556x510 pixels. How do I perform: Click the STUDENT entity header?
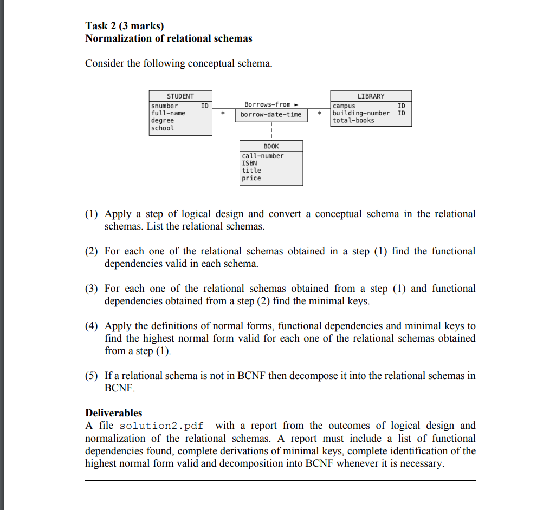(x=180, y=96)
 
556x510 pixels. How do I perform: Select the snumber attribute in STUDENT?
(x=164, y=106)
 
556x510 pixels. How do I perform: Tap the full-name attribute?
(x=168, y=113)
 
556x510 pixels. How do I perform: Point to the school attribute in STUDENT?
(x=163, y=128)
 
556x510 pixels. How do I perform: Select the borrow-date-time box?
(x=271, y=115)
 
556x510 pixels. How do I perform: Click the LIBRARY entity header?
(x=371, y=96)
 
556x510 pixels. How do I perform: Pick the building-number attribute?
(x=361, y=113)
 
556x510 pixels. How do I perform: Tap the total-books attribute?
(x=353, y=121)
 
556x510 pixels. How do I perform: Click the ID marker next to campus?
(x=401, y=106)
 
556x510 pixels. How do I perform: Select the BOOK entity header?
(x=271, y=146)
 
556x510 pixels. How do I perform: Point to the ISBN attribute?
(x=249, y=163)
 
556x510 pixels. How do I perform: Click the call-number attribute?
(x=263, y=156)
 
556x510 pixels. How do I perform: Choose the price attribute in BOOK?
(x=251, y=178)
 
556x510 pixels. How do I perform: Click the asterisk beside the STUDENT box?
(x=222, y=114)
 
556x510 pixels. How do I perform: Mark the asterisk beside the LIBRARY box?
(x=320, y=114)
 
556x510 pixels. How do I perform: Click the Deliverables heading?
(x=113, y=413)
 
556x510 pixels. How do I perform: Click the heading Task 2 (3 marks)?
(x=124, y=25)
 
